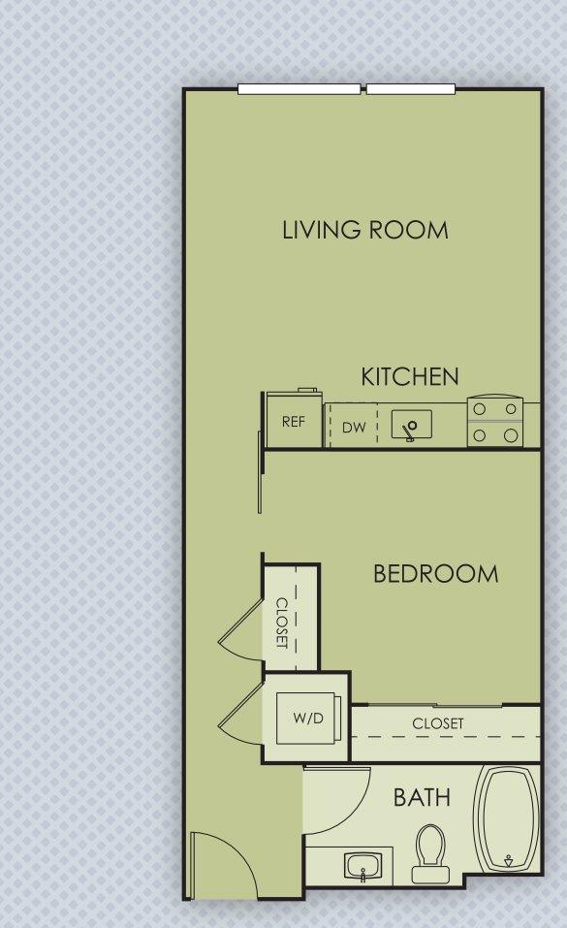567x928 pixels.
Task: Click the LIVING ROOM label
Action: [x=364, y=230]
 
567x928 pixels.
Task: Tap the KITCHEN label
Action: [x=409, y=377]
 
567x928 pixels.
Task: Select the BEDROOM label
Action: [x=435, y=573]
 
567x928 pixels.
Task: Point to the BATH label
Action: [x=421, y=798]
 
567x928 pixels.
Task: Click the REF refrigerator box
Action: [x=293, y=421]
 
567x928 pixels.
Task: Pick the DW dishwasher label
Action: [x=353, y=428]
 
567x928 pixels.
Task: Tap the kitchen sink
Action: [x=411, y=426]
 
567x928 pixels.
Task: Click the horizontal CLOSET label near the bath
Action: [x=437, y=723]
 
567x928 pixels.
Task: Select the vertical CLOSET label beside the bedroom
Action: [x=282, y=622]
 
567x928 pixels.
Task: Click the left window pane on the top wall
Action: [x=299, y=89]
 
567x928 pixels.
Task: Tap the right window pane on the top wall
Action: [x=410, y=89]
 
